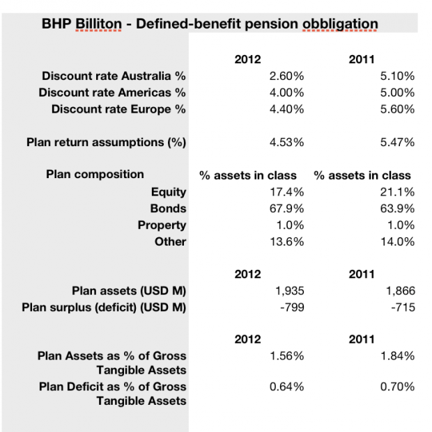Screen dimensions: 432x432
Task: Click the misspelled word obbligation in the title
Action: (340, 24)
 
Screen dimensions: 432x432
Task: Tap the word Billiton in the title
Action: (98, 24)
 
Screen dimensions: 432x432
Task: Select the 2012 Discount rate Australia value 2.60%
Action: (287, 76)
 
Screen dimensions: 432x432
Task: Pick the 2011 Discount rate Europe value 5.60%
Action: (397, 109)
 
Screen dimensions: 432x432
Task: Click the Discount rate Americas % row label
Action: (112, 93)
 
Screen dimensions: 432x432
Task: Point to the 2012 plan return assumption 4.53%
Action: (287, 142)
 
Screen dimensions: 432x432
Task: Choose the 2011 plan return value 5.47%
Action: (397, 142)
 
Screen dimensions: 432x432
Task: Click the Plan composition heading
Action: (95, 174)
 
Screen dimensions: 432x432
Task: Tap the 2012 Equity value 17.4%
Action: (287, 192)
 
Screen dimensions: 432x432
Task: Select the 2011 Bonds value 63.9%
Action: (397, 208)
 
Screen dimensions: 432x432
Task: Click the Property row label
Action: (162, 225)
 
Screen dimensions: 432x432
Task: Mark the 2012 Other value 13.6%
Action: (287, 241)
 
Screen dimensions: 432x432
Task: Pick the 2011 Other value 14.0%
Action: (397, 241)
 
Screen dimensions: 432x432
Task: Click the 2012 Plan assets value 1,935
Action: (290, 291)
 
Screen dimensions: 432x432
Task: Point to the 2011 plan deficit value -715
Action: (403, 307)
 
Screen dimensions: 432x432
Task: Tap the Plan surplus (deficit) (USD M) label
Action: (104, 307)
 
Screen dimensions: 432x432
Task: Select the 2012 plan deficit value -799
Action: (292, 307)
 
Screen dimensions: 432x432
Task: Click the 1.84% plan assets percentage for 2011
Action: (397, 356)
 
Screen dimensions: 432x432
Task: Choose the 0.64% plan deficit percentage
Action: (287, 387)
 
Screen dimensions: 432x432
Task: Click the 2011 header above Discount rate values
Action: (362, 60)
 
